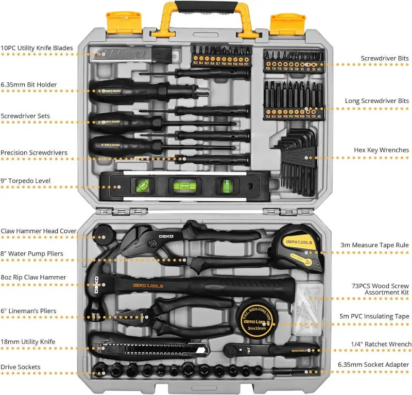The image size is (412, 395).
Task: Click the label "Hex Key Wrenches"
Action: (381, 150)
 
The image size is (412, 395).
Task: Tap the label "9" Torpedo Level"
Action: (26, 181)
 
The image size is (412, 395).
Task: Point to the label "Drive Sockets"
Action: (21, 367)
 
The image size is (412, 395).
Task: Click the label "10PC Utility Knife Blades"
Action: (37, 48)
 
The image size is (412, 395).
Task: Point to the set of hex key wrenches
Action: (296, 157)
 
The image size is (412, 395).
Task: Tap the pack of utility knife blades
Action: (130, 54)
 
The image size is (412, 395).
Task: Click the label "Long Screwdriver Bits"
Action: (377, 101)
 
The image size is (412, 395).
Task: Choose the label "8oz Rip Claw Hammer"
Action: (33, 277)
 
